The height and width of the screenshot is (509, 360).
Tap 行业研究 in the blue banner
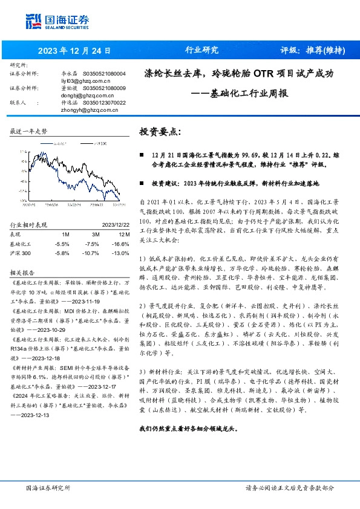[x=201, y=50]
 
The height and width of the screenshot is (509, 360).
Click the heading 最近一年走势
[x=29, y=131]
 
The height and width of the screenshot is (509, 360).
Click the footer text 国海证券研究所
[x=48, y=487]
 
